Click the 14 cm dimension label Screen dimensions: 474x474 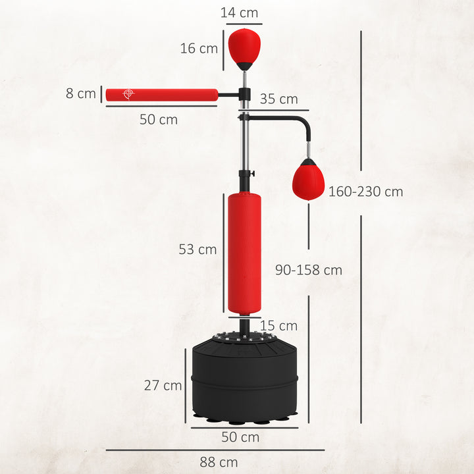point(240,13)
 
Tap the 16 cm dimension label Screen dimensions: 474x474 point(199,48)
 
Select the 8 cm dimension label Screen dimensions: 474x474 point(81,93)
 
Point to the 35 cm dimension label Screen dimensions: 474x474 point(278,99)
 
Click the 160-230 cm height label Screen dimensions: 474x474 point(365,192)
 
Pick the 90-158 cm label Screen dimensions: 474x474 point(309,270)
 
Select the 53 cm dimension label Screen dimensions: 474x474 point(197,250)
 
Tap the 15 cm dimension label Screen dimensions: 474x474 point(278,326)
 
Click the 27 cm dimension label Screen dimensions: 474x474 point(163,386)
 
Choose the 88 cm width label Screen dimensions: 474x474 point(219,461)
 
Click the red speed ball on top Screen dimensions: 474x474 point(244,46)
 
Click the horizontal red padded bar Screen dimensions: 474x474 point(161,95)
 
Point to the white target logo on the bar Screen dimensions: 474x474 point(128,95)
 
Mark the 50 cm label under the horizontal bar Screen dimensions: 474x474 point(158,120)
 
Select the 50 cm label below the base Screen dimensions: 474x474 point(240,437)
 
